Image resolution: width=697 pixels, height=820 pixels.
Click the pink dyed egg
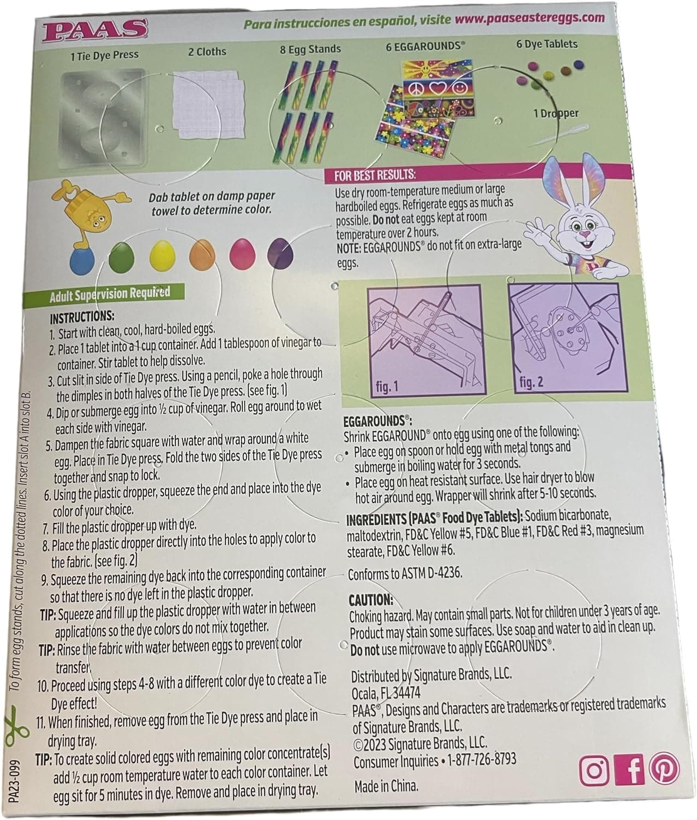240,254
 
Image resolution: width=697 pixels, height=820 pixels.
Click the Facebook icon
630,770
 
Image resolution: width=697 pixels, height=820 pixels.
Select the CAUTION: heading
371,600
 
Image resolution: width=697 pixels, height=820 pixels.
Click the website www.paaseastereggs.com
529,19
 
